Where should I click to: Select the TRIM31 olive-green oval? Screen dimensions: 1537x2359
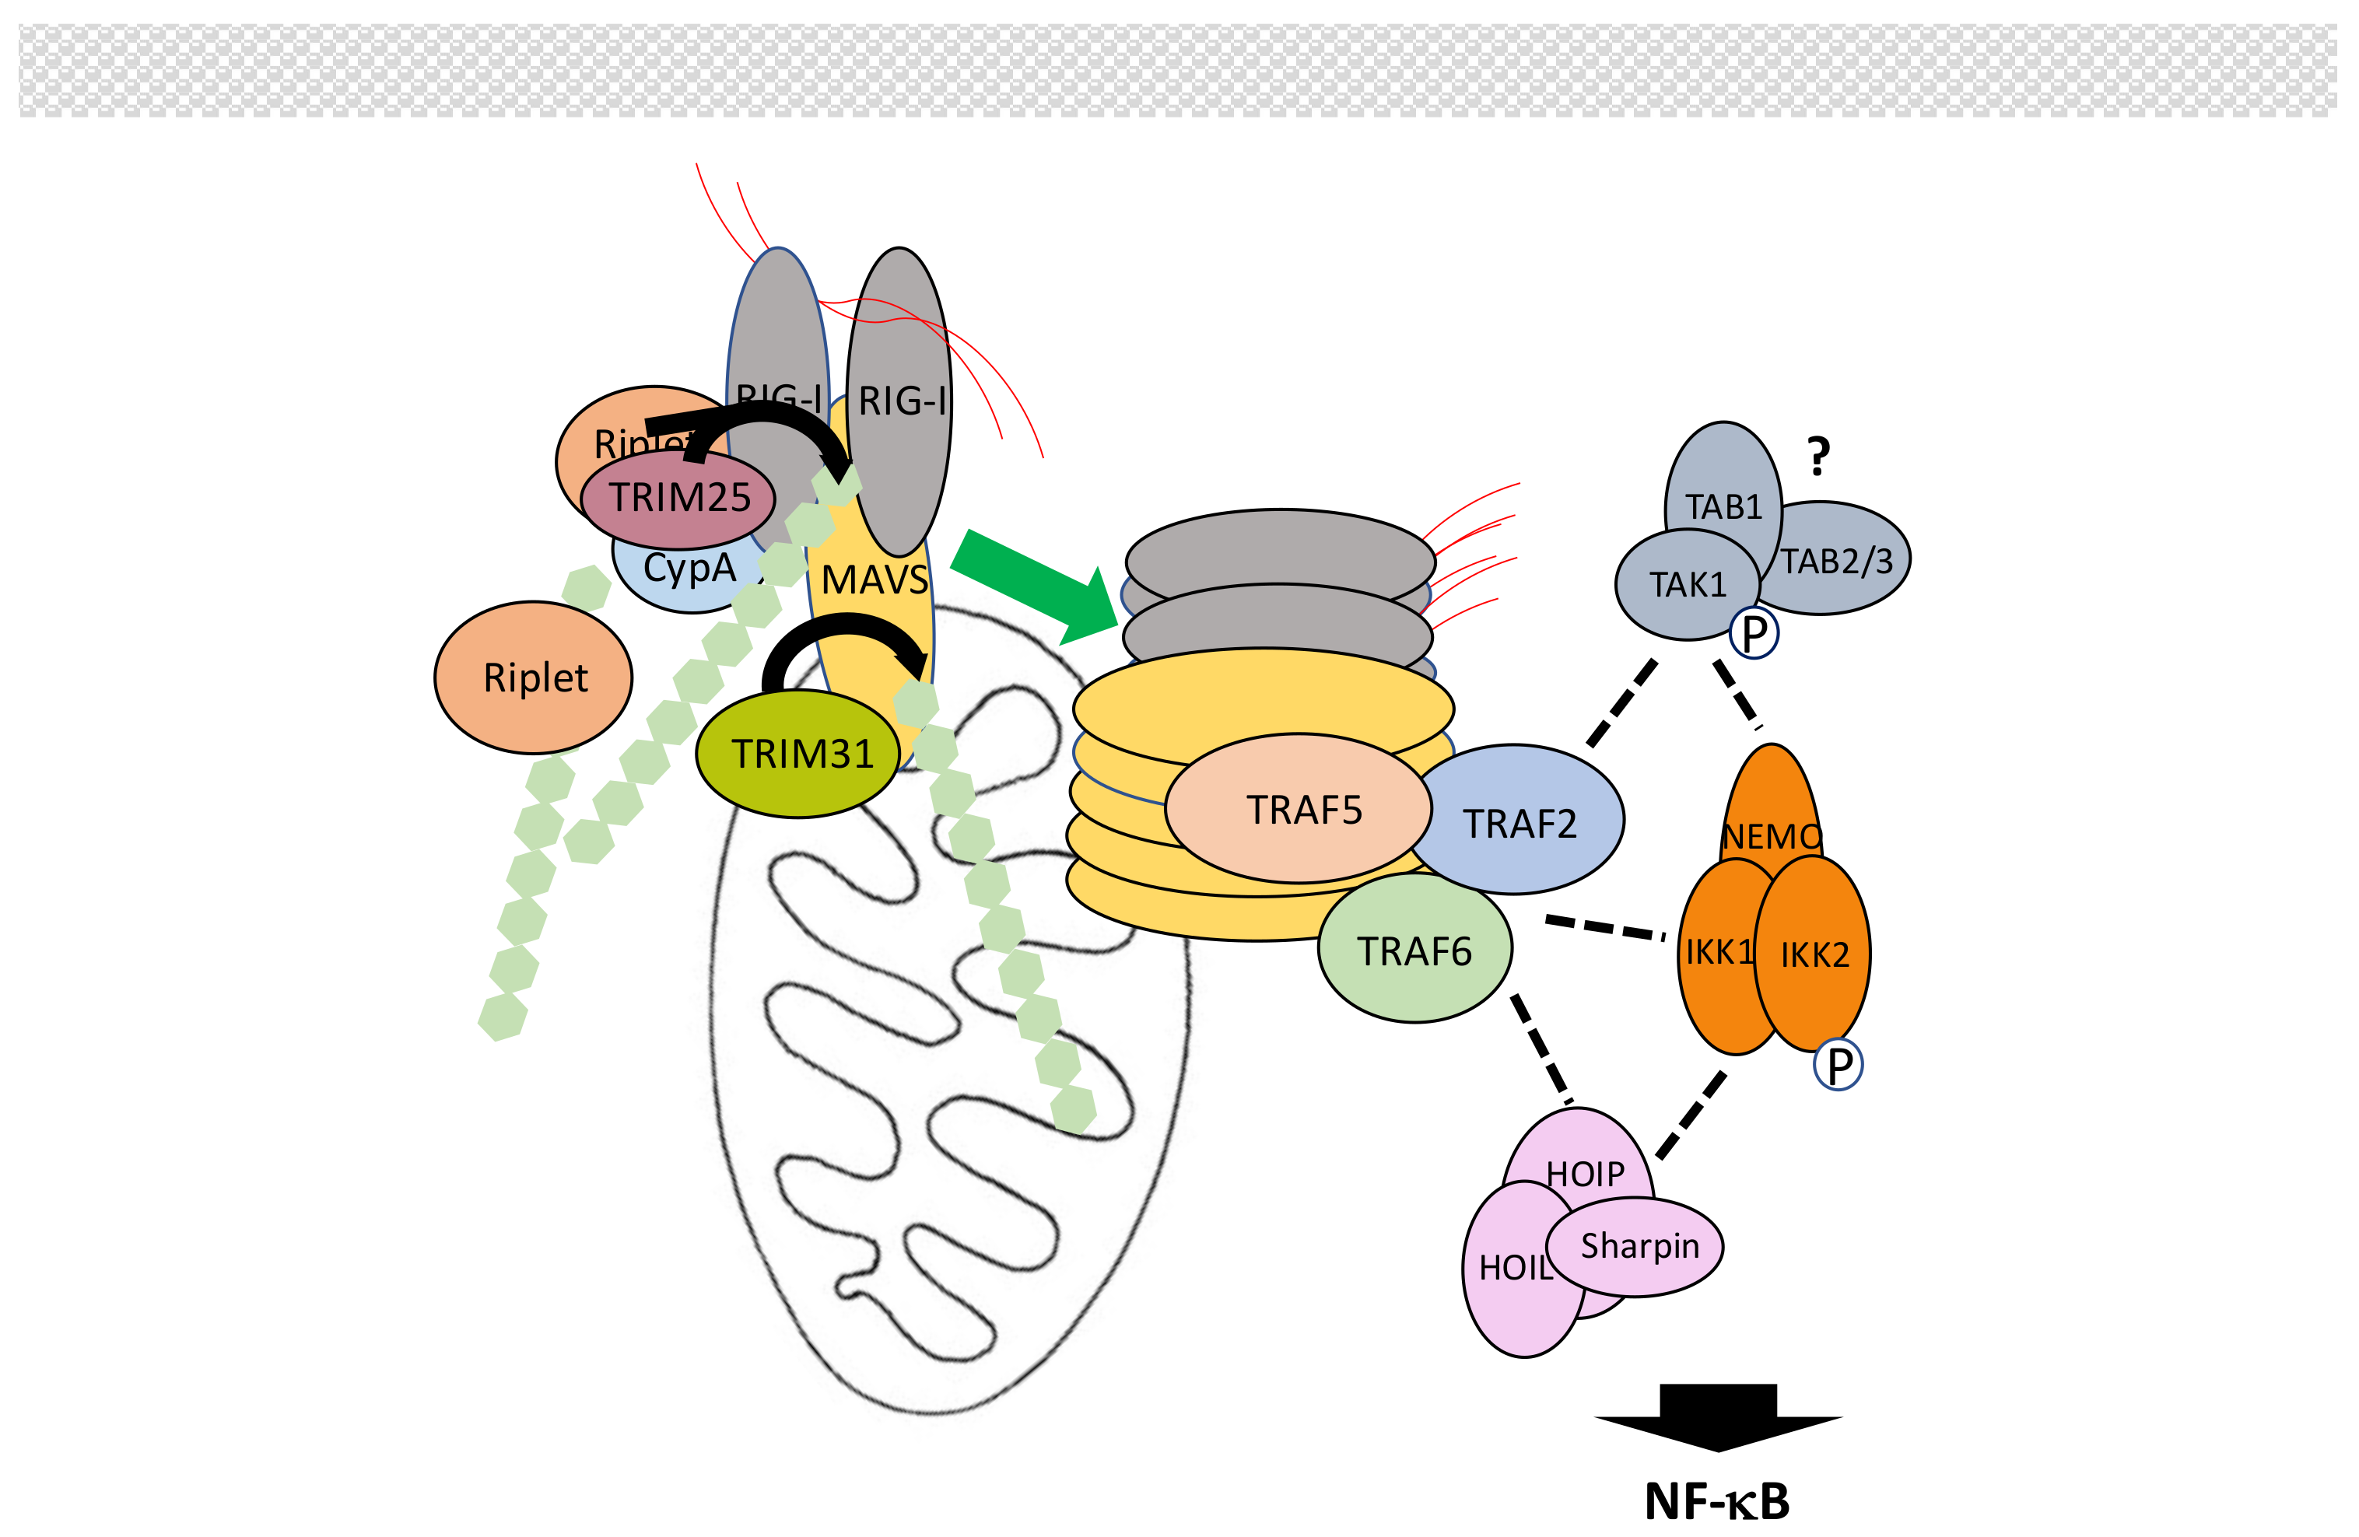coord(799,755)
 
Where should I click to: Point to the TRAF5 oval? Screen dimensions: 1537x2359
coord(1302,811)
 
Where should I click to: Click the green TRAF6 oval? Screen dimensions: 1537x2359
coord(1414,951)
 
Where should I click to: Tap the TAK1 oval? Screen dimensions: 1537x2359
coord(1686,586)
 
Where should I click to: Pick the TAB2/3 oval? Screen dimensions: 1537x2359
coord(1839,562)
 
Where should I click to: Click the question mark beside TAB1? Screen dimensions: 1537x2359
coord(1817,457)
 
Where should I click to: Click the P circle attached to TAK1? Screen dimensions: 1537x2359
coord(1754,633)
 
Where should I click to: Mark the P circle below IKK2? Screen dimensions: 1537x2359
coord(1838,1066)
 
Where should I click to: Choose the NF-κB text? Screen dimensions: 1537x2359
coord(1716,1502)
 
